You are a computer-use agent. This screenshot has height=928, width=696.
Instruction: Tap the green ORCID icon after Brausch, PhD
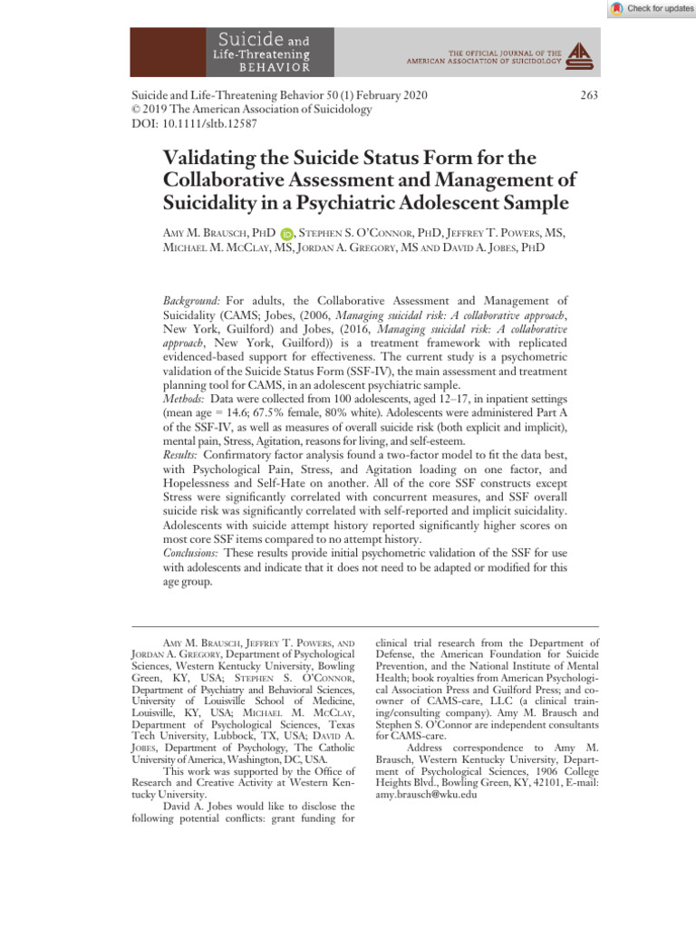click(286, 234)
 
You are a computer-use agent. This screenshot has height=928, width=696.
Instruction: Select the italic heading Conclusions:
click(196, 553)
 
